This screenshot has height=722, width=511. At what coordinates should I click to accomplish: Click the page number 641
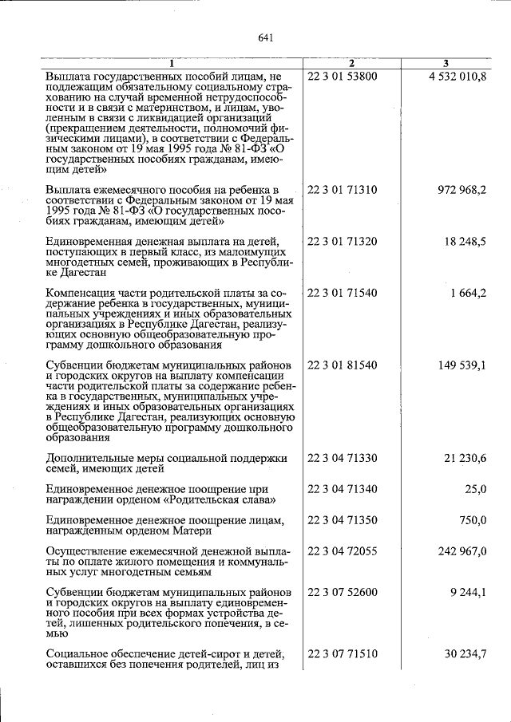(x=267, y=37)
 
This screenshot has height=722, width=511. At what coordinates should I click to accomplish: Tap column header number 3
(x=446, y=63)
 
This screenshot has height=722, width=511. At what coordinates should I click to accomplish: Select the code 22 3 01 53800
(x=343, y=77)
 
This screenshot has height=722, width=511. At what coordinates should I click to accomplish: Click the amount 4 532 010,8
(x=457, y=77)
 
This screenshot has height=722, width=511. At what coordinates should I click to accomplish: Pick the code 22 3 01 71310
(x=343, y=190)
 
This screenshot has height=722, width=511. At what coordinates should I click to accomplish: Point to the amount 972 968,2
(x=462, y=190)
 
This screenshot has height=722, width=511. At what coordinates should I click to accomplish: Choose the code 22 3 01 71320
(x=343, y=241)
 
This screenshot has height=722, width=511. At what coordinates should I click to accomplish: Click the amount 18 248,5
(x=465, y=241)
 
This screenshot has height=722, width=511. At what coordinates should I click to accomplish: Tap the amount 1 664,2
(x=469, y=293)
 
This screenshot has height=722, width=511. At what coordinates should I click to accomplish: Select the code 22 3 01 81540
(x=343, y=365)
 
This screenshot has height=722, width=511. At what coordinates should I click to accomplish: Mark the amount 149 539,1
(x=462, y=365)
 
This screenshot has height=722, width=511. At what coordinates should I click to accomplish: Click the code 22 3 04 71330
(x=343, y=458)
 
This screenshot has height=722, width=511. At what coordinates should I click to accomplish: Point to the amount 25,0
(x=474, y=488)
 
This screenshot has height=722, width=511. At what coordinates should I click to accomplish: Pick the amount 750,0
(x=471, y=520)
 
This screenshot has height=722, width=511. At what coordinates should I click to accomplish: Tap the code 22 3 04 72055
(x=343, y=551)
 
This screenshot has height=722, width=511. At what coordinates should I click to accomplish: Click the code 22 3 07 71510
(x=343, y=654)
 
